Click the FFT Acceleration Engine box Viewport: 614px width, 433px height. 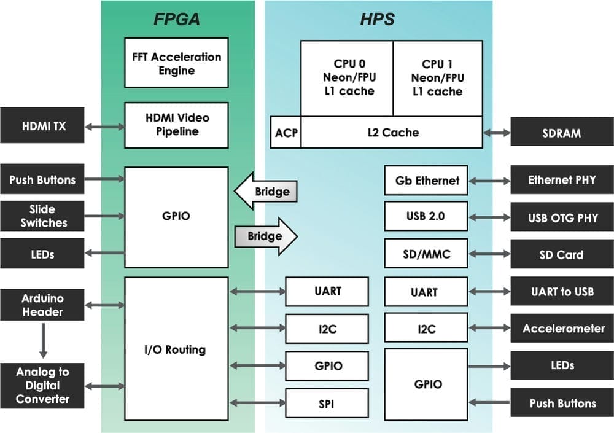(x=176, y=63)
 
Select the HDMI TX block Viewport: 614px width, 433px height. (x=42, y=127)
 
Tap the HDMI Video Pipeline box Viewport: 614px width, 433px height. (x=176, y=125)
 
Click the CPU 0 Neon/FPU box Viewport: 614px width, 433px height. (x=347, y=78)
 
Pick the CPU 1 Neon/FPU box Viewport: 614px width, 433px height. (x=437, y=78)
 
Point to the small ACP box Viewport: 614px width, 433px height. (x=286, y=133)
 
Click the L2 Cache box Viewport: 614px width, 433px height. (x=391, y=133)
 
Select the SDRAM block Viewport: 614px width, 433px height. (x=561, y=133)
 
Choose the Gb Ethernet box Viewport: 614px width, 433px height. (x=426, y=181)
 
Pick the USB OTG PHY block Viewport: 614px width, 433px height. (x=561, y=218)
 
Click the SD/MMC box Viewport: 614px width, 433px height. (x=426, y=254)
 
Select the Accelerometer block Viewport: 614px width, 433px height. (x=561, y=329)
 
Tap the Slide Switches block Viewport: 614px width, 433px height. (x=42, y=216)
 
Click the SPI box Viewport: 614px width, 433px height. (x=327, y=404)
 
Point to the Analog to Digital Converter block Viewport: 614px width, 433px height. (x=42, y=386)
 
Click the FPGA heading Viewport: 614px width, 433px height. (x=177, y=20)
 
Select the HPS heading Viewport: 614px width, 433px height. (x=377, y=20)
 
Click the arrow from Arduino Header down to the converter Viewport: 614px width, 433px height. (x=43, y=341)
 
